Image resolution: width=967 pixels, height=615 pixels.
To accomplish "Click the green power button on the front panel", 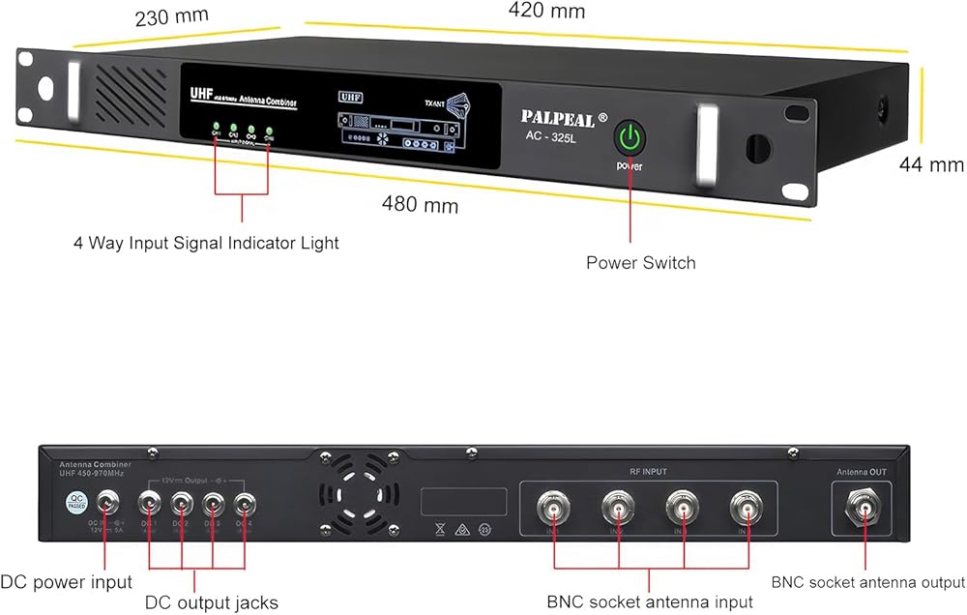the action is pyautogui.click(x=630, y=137).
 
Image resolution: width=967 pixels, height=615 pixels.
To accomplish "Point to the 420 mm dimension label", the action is pyautogui.click(x=546, y=12).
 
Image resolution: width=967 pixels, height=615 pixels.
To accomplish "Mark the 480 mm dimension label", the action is pyautogui.click(x=420, y=205).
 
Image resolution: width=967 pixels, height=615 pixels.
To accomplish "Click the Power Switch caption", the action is pyautogui.click(x=640, y=262).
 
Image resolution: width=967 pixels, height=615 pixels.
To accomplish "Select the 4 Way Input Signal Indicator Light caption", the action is pyautogui.click(x=206, y=243).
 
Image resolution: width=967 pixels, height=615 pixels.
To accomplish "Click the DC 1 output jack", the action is pyautogui.click(x=151, y=504).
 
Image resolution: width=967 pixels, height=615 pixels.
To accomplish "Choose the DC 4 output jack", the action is pyautogui.click(x=245, y=504).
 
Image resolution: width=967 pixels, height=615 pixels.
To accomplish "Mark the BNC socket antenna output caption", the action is pyautogui.click(x=867, y=582).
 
